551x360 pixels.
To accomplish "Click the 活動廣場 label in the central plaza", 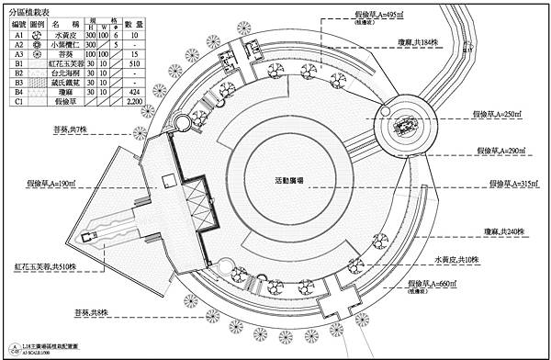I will click(291, 178).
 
